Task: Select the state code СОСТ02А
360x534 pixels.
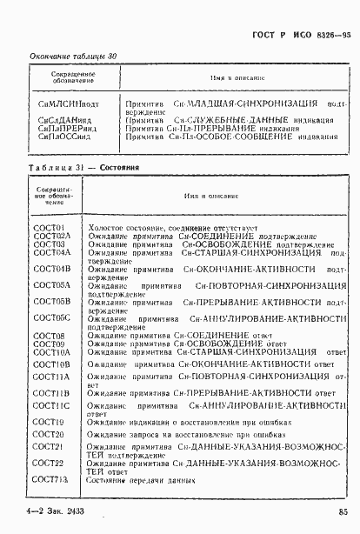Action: pyautogui.click(x=51, y=236)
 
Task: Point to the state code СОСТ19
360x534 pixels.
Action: pyautogui.click(x=48, y=421)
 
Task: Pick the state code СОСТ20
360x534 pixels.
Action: pyautogui.click(x=48, y=433)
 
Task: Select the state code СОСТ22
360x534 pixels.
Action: pyautogui.click(x=48, y=464)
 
